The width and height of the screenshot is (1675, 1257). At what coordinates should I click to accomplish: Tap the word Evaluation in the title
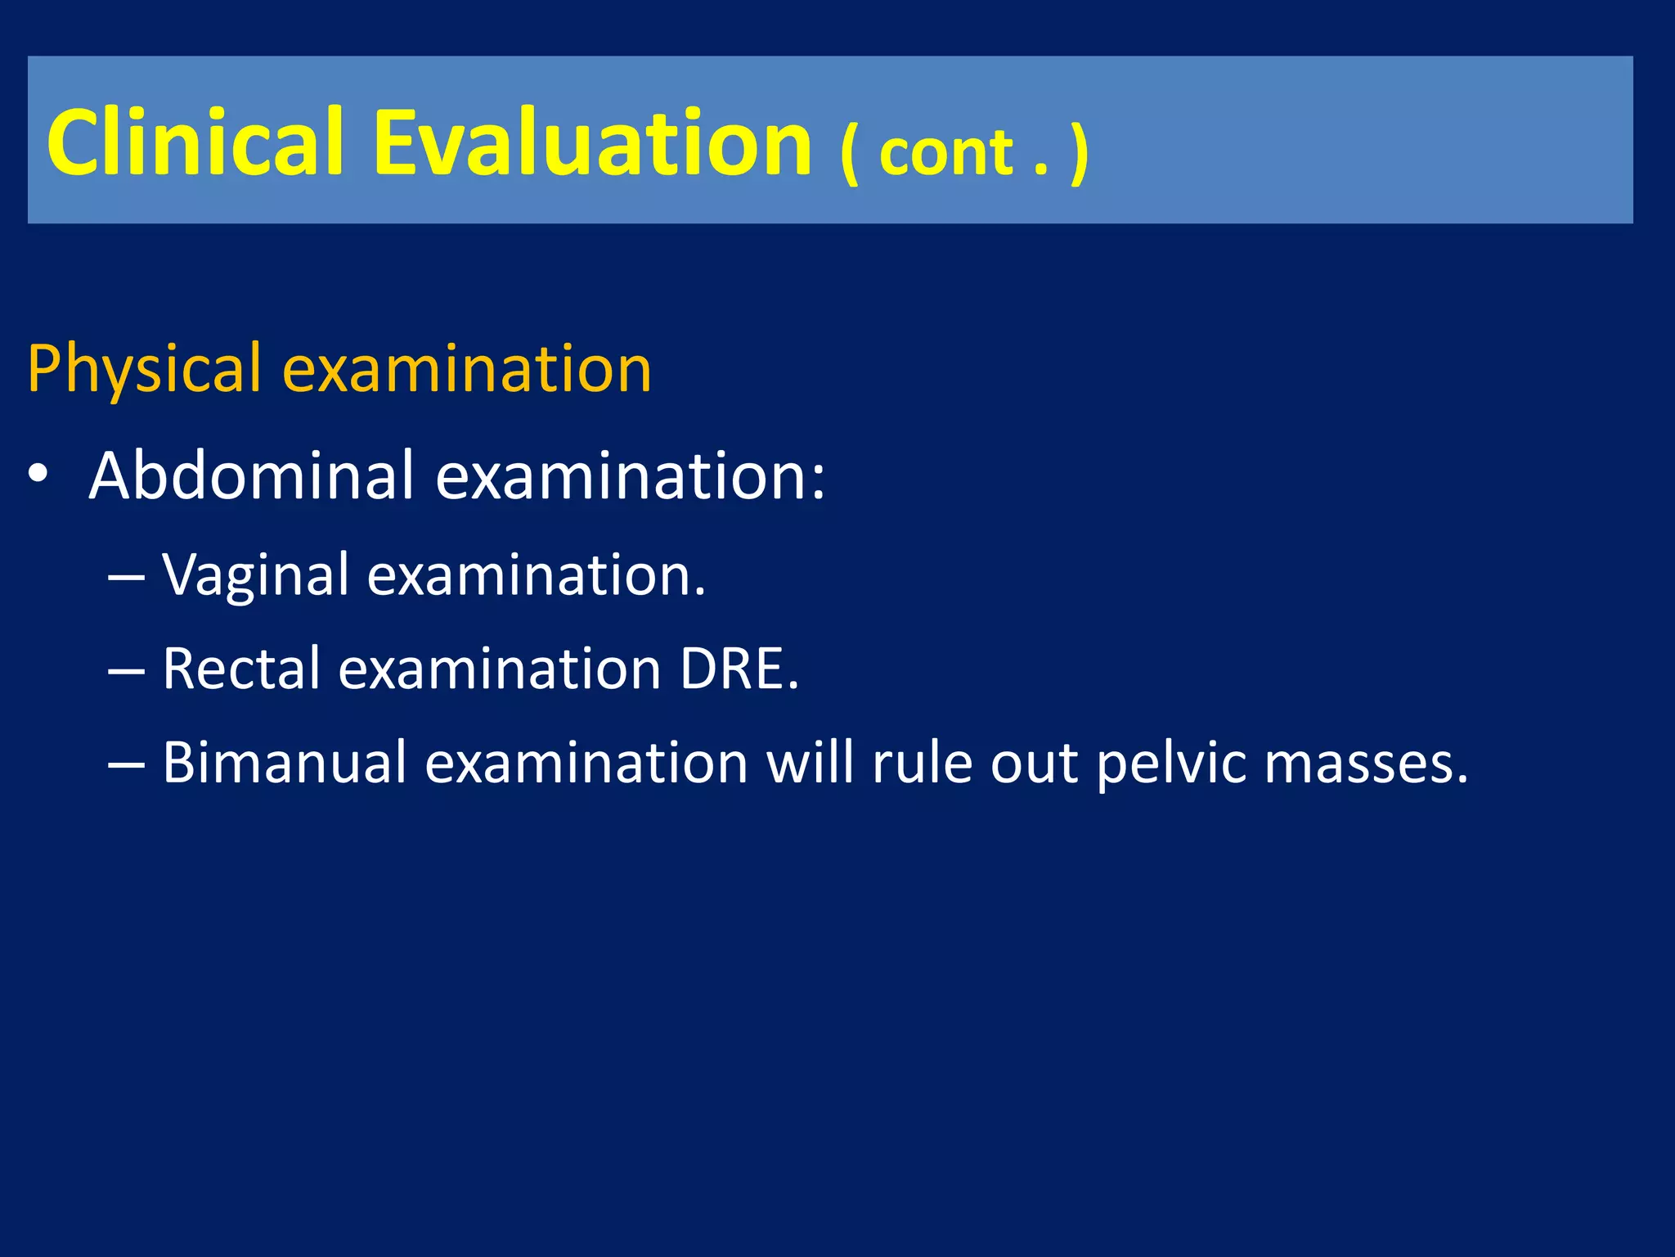coord(592,142)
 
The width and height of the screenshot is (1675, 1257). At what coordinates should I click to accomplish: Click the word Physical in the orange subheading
coord(145,370)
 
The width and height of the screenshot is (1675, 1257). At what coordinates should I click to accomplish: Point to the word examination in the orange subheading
coord(467,370)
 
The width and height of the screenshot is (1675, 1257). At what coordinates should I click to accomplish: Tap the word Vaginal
coord(256,574)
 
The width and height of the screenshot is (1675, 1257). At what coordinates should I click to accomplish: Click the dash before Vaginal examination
coord(126,576)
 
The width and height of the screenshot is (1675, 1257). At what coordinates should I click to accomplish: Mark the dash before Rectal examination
coord(126,670)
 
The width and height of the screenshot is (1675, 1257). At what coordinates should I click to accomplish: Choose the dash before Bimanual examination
coord(126,764)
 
